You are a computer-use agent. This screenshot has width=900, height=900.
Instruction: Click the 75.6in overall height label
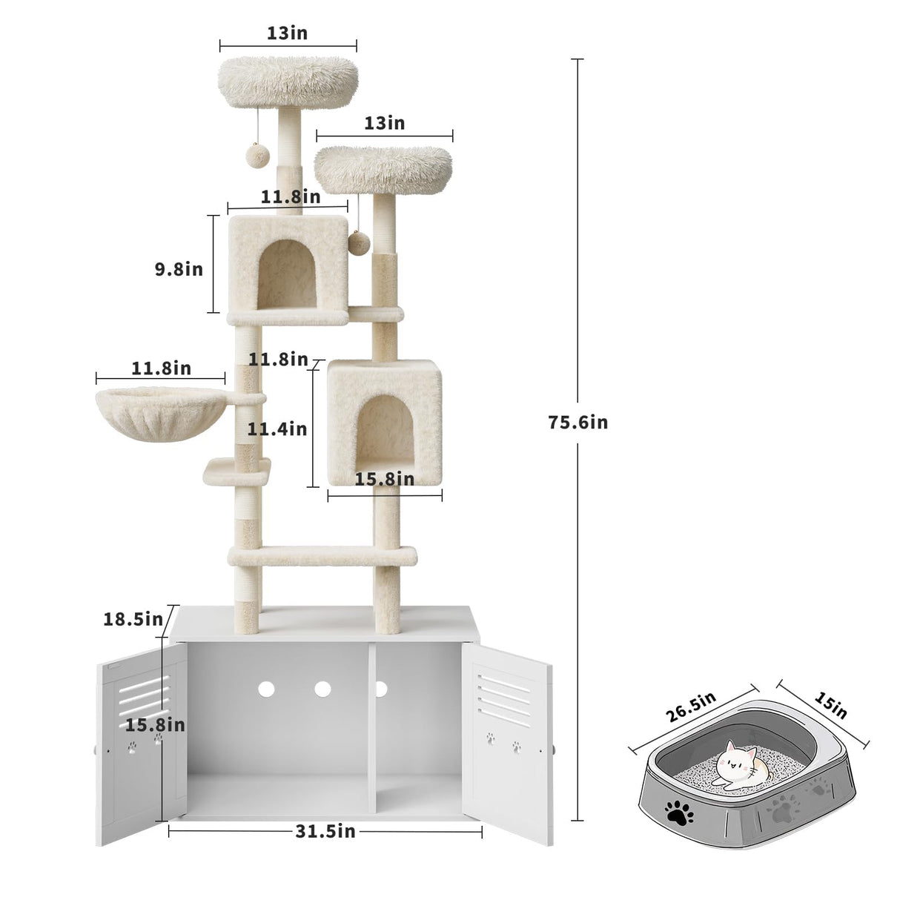(x=578, y=422)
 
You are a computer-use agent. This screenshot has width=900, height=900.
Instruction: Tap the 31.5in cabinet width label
(x=325, y=831)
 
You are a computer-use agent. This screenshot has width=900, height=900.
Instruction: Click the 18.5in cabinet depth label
(x=133, y=618)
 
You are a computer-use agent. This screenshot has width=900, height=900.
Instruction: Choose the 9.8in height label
(x=179, y=268)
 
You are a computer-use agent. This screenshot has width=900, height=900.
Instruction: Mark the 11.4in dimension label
(x=277, y=428)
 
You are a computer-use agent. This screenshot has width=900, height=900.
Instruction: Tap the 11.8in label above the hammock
(x=161, y=368)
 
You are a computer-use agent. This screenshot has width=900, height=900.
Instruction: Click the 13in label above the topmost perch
(x=287, y=33)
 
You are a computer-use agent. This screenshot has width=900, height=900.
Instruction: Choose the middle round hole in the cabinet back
(x=322, y=689)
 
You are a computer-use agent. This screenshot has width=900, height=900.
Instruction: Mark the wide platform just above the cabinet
(x=322, y=555)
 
